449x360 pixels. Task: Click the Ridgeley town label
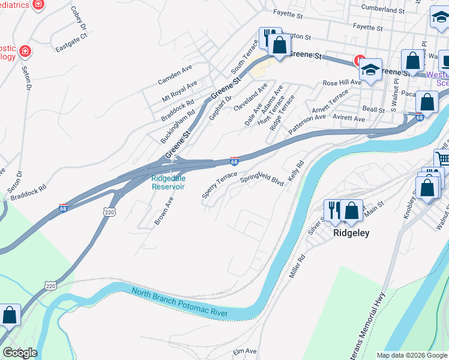click(x=351, y=233)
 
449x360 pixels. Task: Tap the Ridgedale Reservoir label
click(x=168, y=182)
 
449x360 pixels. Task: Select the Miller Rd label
click(x=298, y=265)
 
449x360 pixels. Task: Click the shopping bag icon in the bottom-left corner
click(x=10, y=315)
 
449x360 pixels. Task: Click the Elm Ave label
click(x=245, y=351)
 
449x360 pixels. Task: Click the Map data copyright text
click(x=412, y=355)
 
